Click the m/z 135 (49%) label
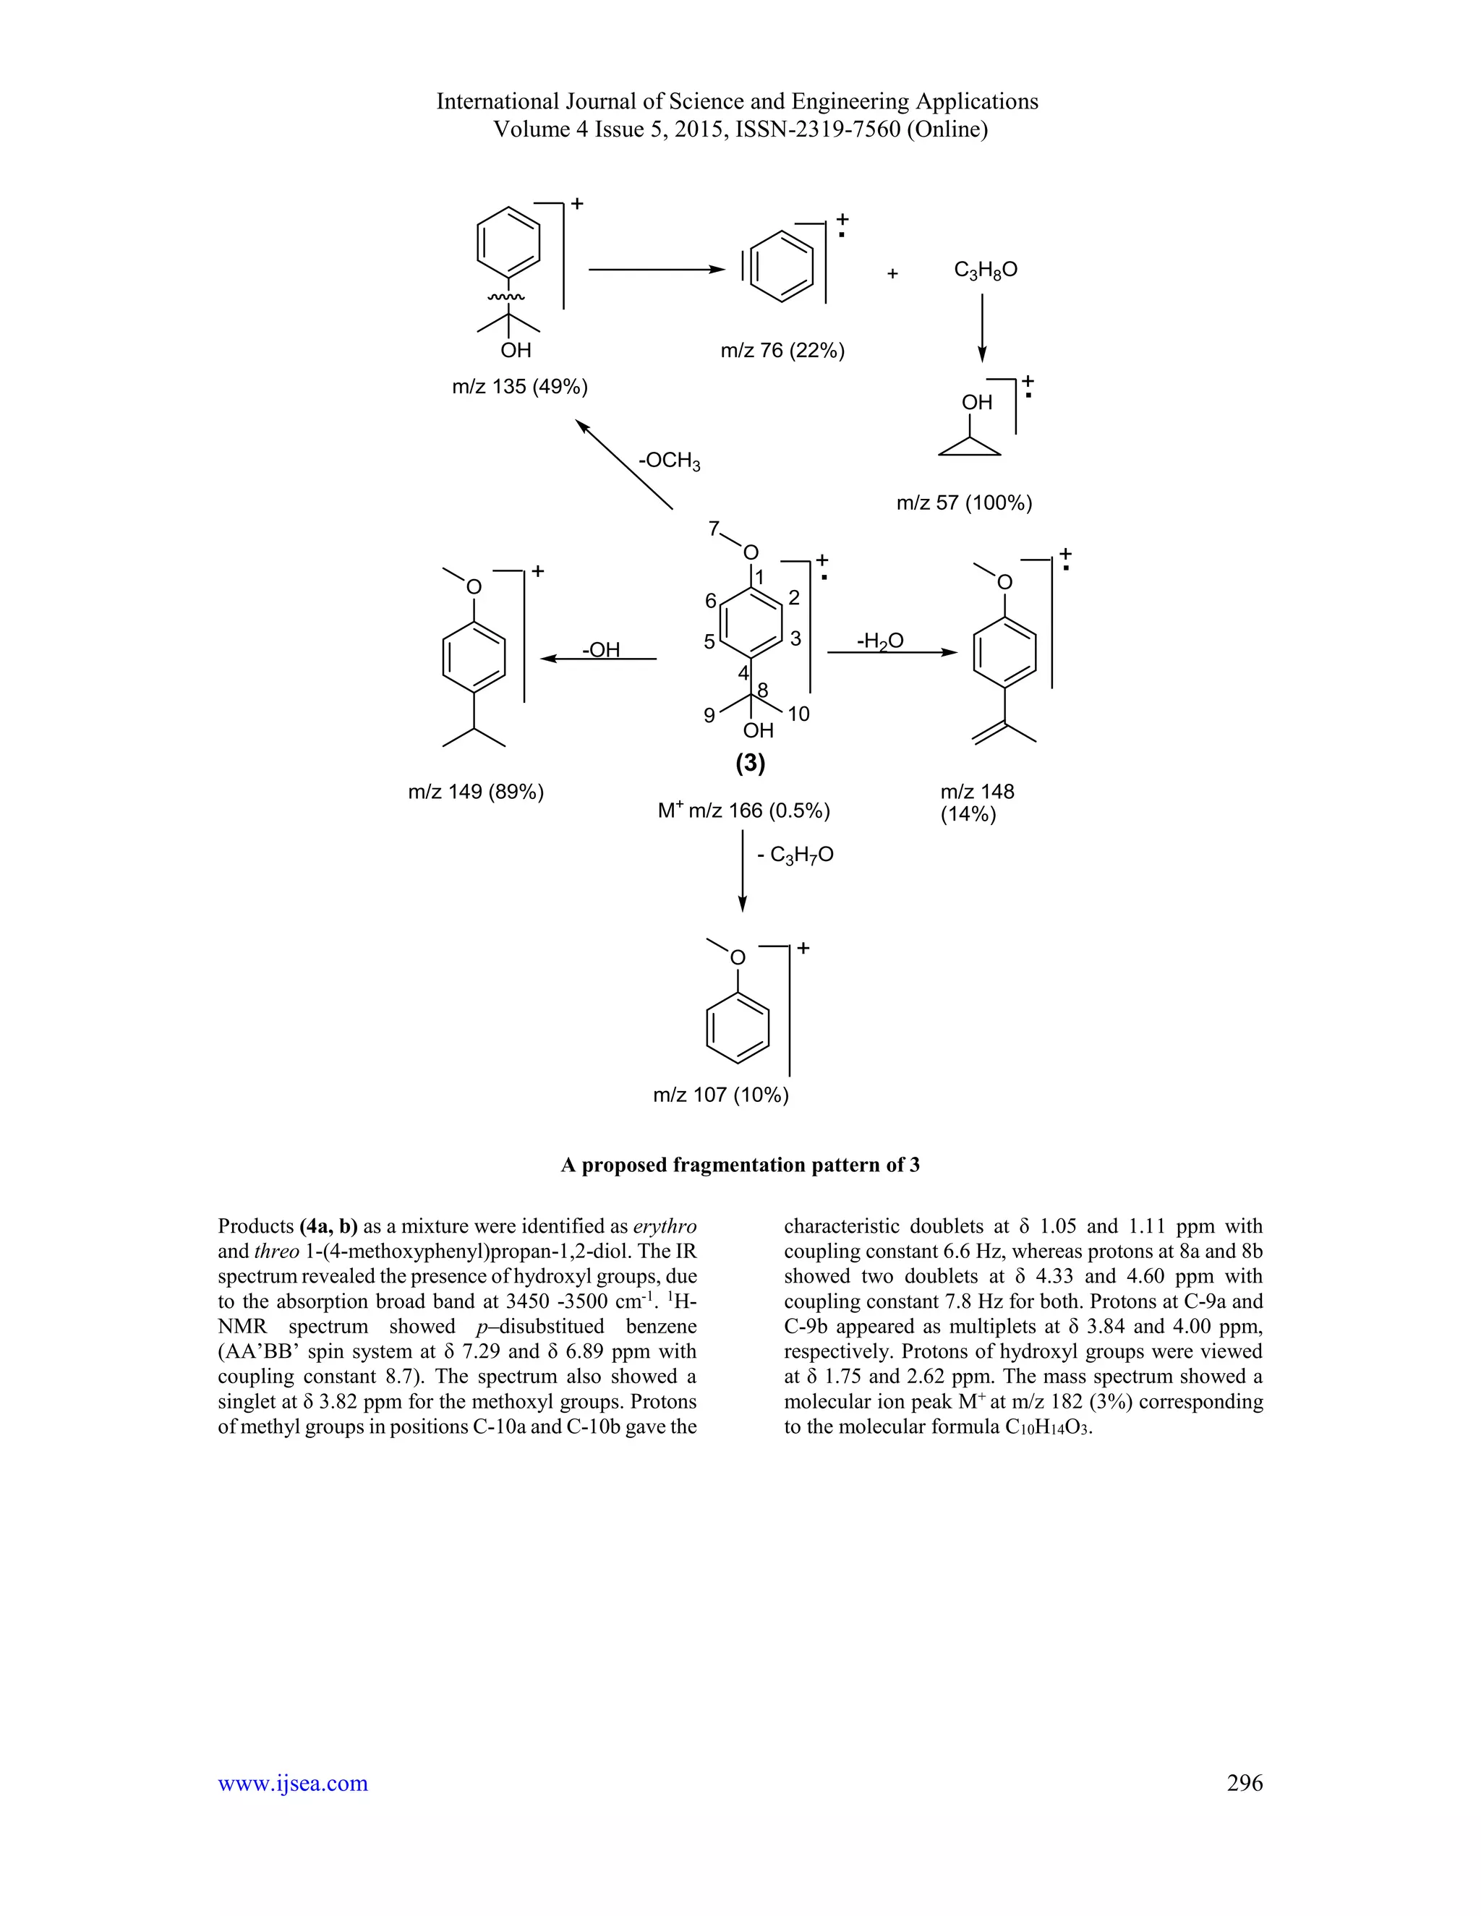(519, 387)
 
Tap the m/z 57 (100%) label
(964, 503)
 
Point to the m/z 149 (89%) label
(476, 792)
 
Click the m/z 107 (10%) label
(720, 1095)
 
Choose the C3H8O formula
(986, 270)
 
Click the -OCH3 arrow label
(670, 461)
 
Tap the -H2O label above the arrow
(880, 641)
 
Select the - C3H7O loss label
(795, 855)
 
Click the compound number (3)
(750, 764)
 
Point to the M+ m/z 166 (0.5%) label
(744, 811)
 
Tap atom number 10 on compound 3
(798, 715)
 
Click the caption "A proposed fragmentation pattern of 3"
(740, 1165)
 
